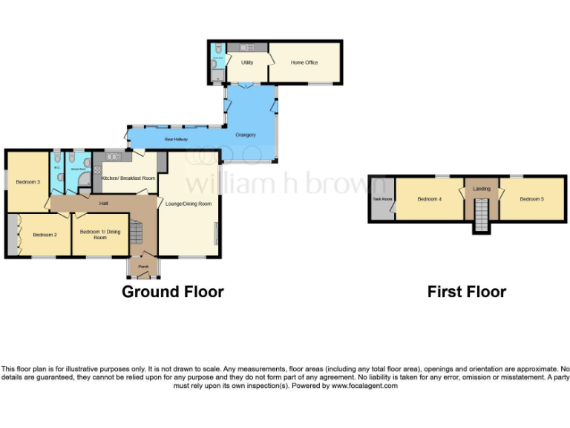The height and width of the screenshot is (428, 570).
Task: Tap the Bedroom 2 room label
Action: (x=45, y=235)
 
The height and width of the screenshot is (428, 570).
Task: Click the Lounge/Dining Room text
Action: (x=189, y=204)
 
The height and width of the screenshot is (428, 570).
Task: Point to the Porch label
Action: (x=138, y=267)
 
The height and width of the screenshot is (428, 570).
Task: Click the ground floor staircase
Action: (x=137, y=235)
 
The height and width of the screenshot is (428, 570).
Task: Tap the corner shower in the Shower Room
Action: (x=84, y=182)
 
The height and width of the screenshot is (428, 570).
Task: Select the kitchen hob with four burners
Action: (x=96, y=169)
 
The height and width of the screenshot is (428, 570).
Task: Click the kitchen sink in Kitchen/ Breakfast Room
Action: (x=114, y=156)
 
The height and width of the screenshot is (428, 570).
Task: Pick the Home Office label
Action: (x=304, y=62)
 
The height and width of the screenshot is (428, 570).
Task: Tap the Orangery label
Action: (x=246, y=134)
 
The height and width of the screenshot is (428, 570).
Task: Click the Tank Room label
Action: (x=381, y=199)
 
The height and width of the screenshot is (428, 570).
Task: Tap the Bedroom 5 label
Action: (x=531, y=199)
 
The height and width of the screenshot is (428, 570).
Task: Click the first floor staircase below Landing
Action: (x=481, y=218)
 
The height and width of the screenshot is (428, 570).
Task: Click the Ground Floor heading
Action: (x=173, y=292)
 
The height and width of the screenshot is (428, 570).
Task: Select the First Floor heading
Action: (x=466, y=292)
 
